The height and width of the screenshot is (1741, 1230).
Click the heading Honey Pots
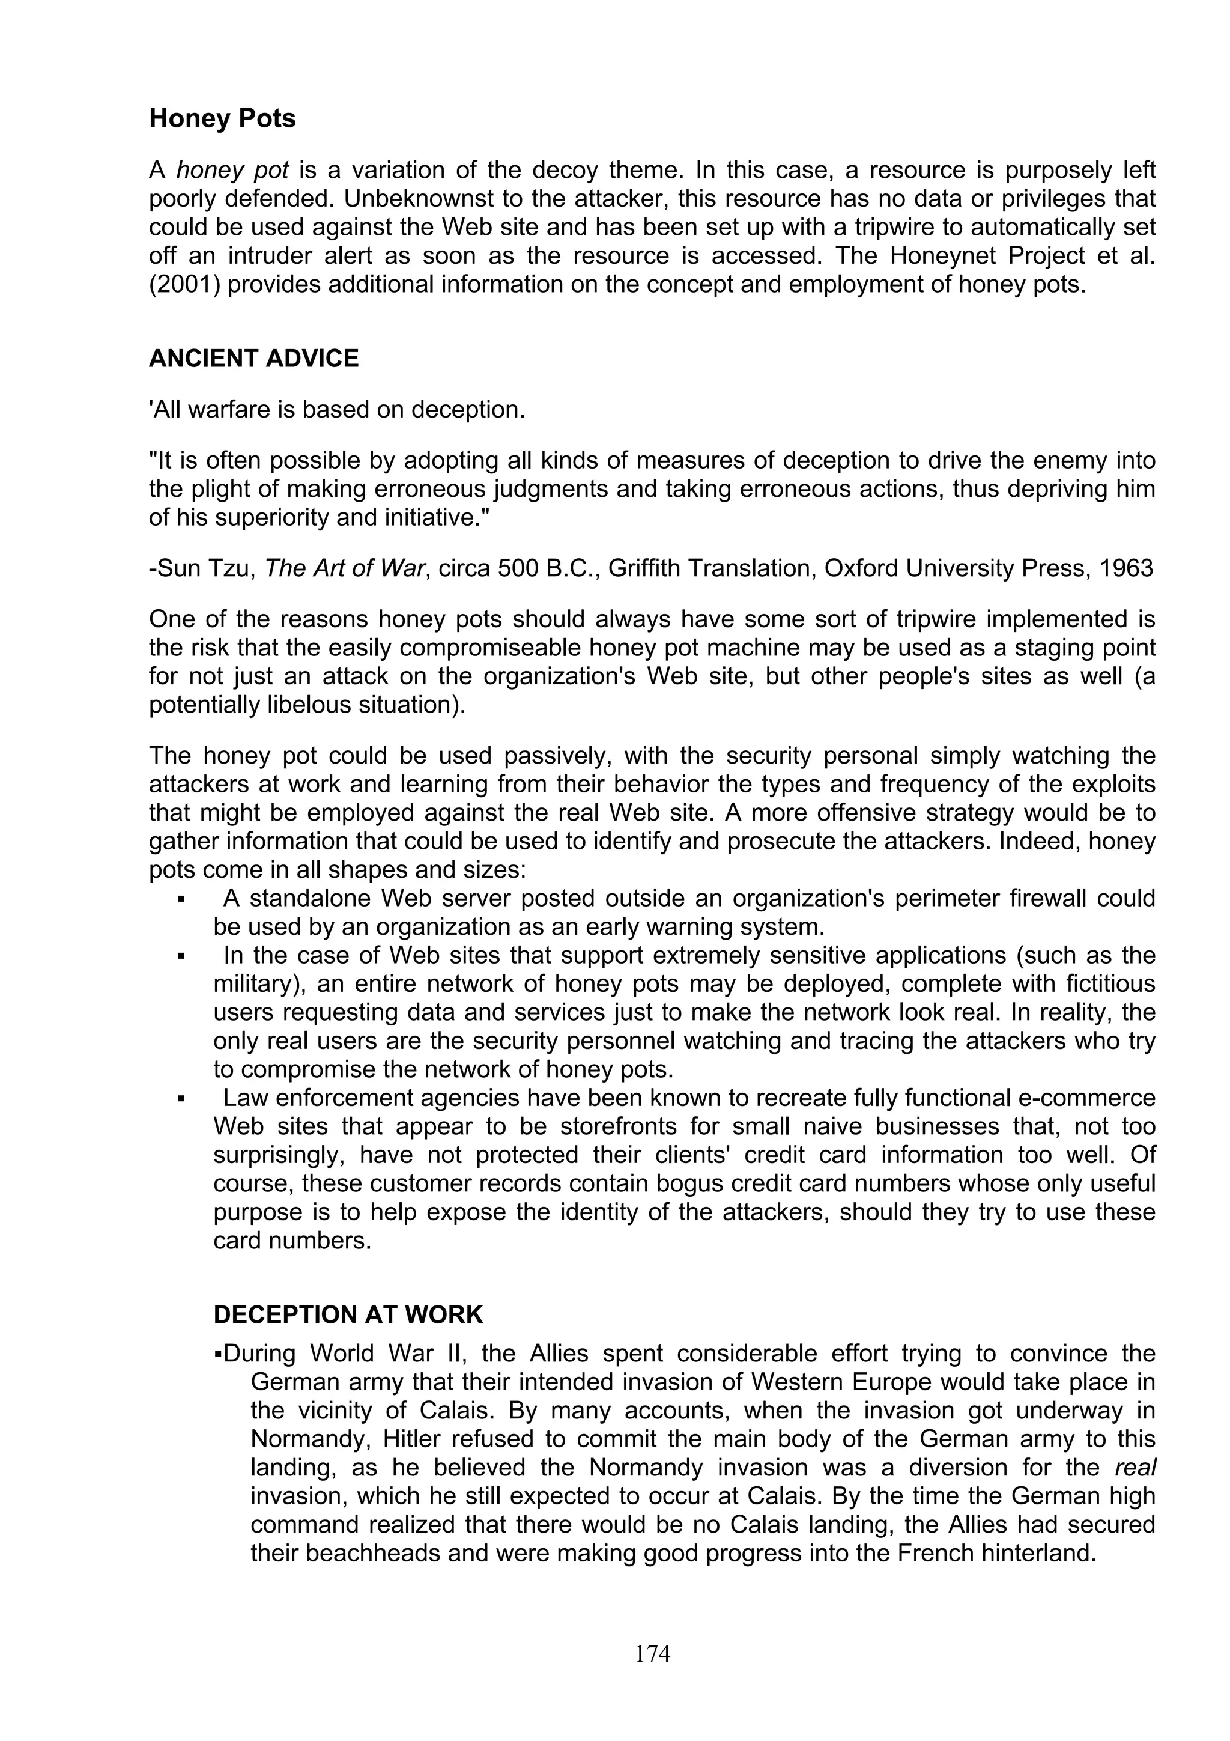click(x=222, y=119)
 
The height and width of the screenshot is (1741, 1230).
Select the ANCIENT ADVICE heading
click(x=254, y=359)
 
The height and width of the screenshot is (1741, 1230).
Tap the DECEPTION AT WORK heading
click(x=348, y=1314)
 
